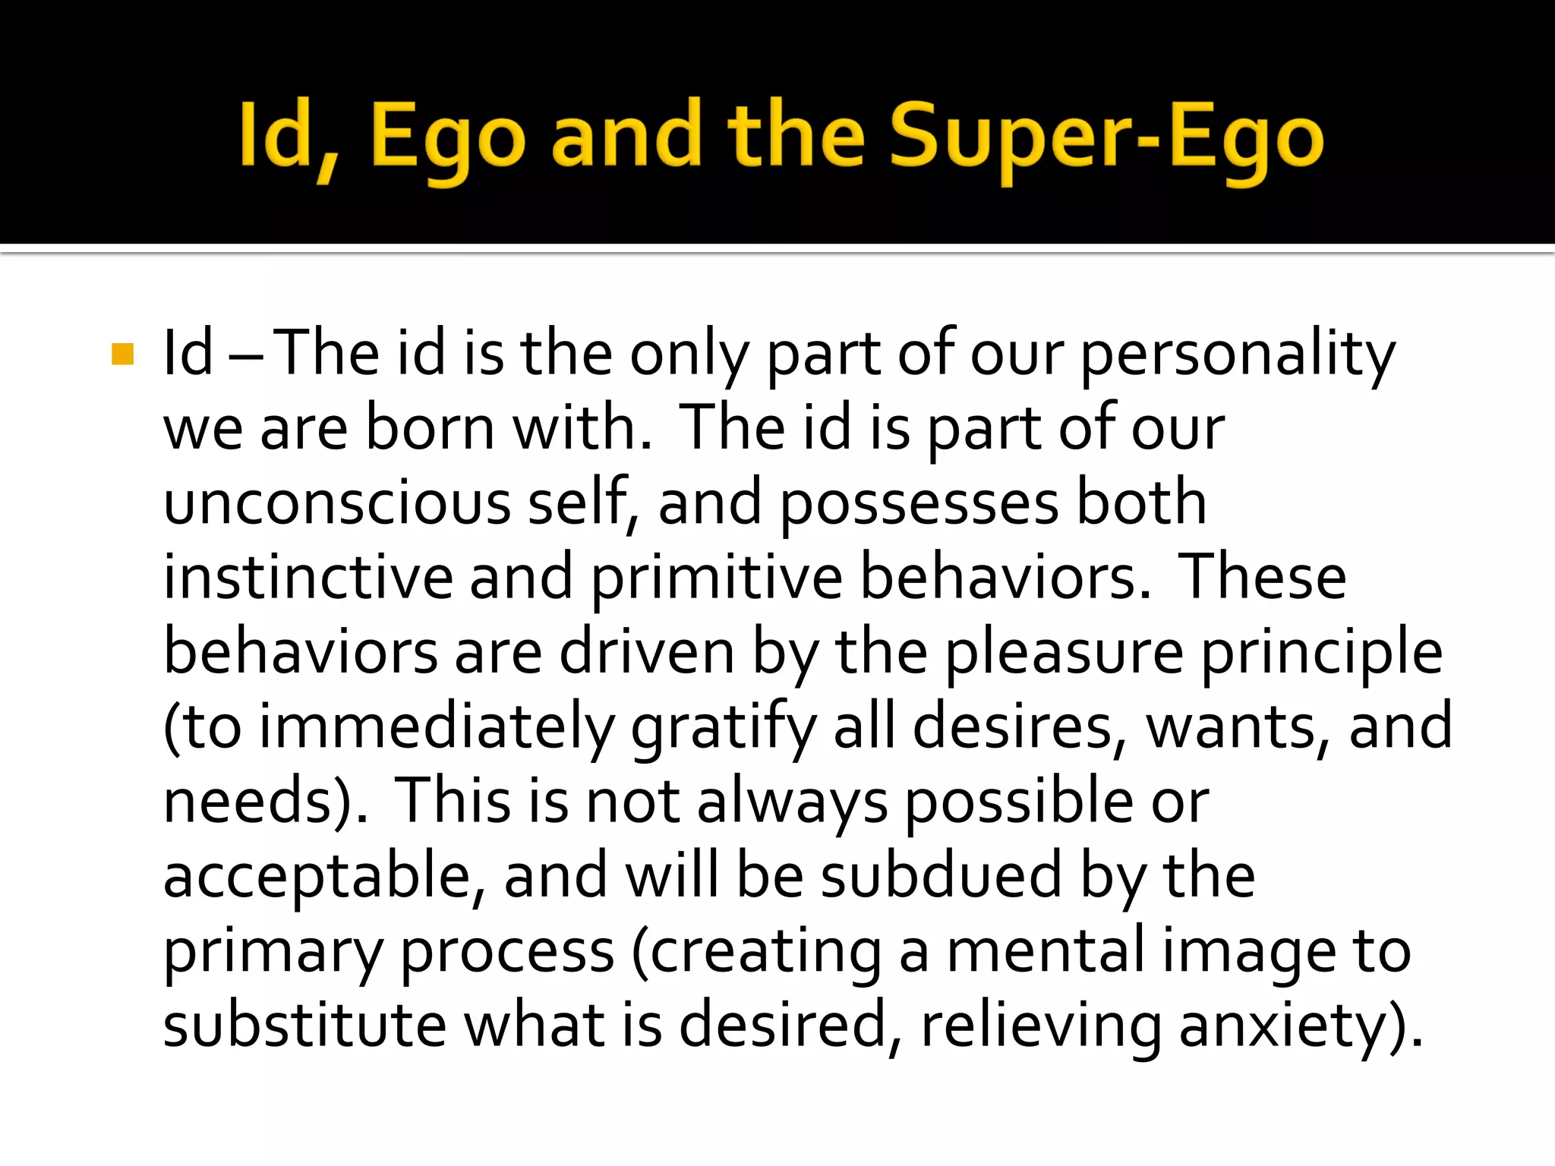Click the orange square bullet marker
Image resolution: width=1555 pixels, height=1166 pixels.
click(122, 355)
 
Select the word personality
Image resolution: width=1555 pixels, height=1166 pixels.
click(1238, 355)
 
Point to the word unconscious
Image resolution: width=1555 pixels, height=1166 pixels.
click(337, 503)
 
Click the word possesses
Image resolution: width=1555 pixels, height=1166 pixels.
click(919, 503)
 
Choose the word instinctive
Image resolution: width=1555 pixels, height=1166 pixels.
click(308, 578)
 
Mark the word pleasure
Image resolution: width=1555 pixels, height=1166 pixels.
click(1063, 652)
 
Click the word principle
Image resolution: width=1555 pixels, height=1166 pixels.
click(1321, 652)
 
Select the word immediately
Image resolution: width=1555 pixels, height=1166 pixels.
click(437, 726)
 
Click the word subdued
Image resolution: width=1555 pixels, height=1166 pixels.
click(942, 875)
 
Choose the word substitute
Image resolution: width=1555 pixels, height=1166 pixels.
click(304, 1025)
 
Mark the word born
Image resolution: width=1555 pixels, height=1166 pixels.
click(430, 429)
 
